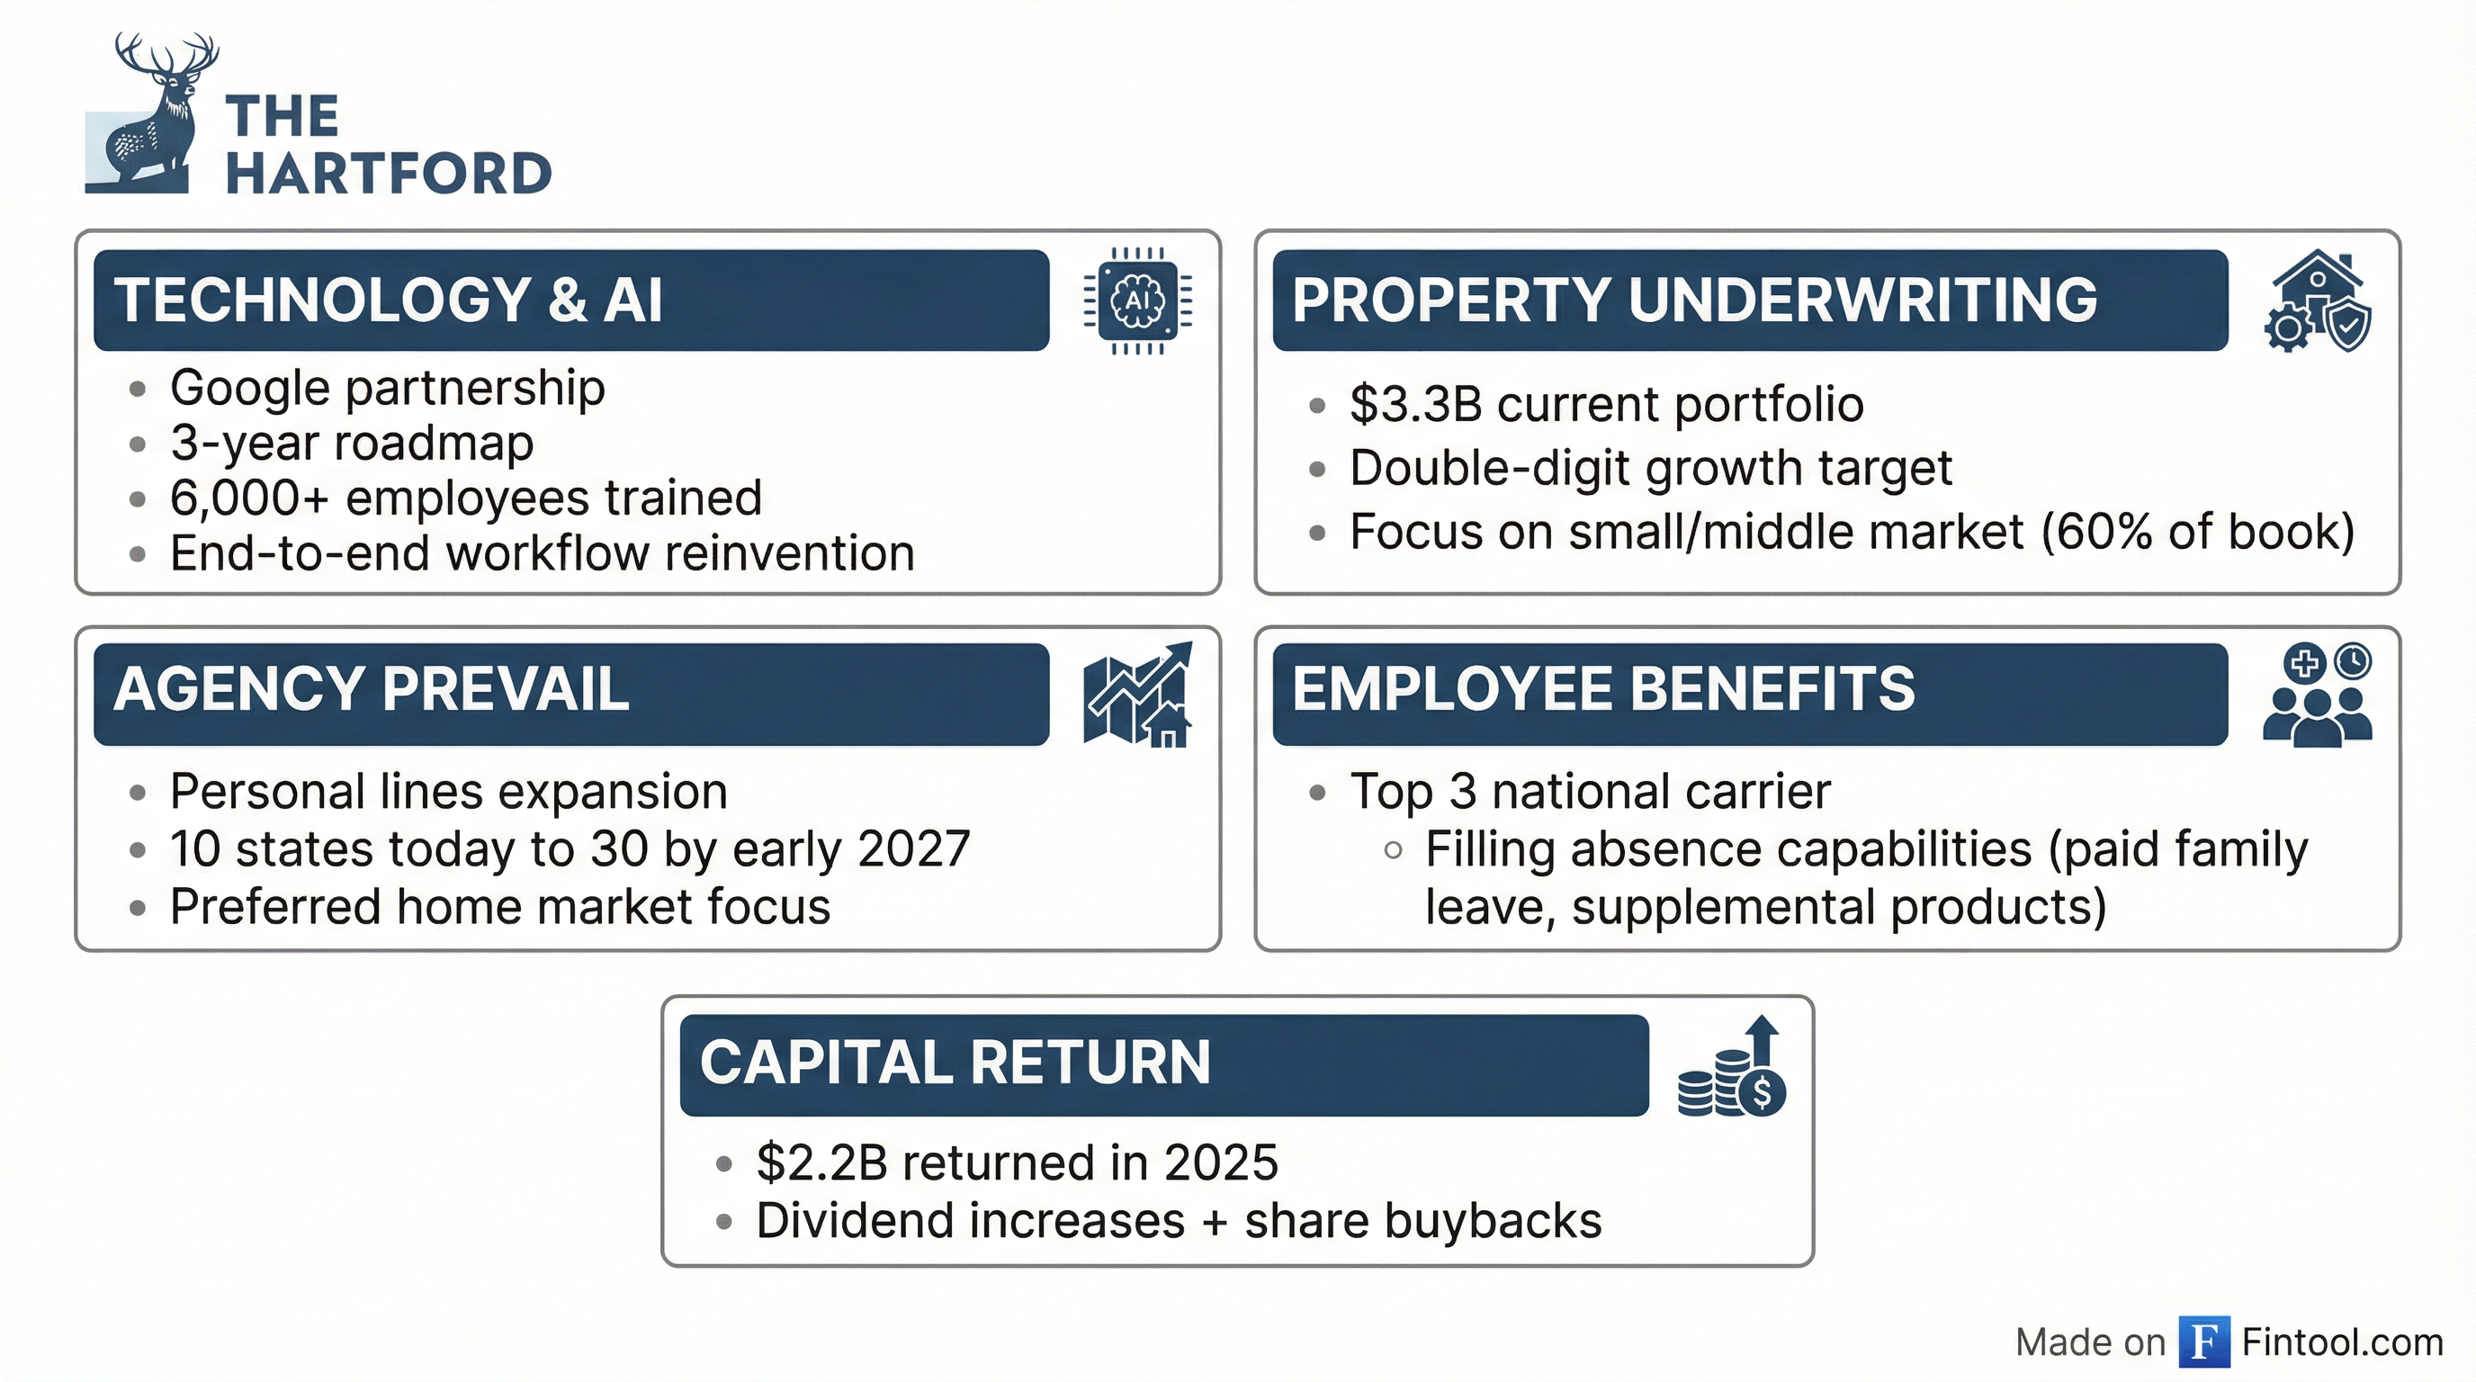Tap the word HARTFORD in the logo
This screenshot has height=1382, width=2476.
coord(389,174)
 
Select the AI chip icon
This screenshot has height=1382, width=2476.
coord(1137,301)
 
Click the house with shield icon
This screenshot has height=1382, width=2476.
coord(2318,301)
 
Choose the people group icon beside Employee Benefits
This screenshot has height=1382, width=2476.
coord(2318,695)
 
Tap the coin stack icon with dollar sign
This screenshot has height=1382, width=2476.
coord(1731,1067)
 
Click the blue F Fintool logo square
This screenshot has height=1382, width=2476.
coord(2204,1341)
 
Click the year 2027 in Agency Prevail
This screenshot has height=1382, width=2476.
coord(913,849)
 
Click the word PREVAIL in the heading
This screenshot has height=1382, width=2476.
coord(507,689)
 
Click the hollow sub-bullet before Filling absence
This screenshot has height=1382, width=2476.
coord(1393,850)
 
